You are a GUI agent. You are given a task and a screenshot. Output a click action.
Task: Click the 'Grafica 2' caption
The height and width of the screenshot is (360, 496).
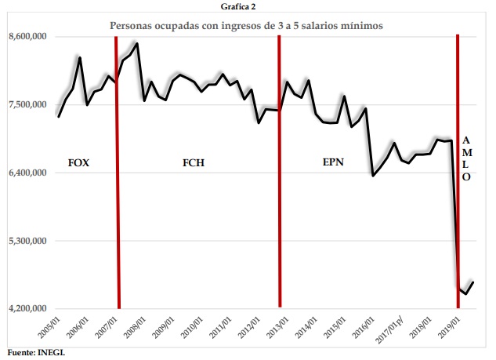(x=246, y=6)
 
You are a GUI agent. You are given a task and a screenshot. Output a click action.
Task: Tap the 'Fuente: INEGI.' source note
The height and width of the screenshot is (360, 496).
(x=36, y=352)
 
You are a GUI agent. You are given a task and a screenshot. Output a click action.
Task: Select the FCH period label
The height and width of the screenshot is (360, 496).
(x=195, y=163)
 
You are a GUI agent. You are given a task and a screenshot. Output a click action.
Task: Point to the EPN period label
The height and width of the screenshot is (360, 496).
(x=334, y=163)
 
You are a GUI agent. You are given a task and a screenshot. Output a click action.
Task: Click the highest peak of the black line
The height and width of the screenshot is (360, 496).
(x=137, y=44)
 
